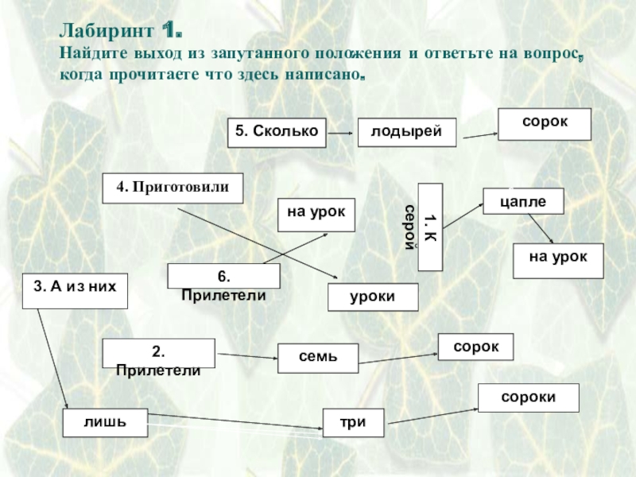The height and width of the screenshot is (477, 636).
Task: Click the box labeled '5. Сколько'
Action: (x=277, y=132)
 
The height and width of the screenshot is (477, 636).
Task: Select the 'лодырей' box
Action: (x=406, y=132)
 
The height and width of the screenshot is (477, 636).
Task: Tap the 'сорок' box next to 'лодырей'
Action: (x=545, y=124)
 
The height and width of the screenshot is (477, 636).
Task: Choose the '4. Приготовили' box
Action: (x=173, y=187)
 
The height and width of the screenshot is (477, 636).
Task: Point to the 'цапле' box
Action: (x=523, y=201)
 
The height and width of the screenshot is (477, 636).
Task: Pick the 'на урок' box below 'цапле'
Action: (x=557, y=261)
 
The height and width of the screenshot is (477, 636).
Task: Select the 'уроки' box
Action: (x=373, y=297)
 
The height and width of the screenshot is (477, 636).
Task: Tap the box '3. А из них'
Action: (x=75, y=289)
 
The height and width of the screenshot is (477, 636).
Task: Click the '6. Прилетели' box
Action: (x=223, y=277)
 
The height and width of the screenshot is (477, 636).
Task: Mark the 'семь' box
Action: (x=317, y=358)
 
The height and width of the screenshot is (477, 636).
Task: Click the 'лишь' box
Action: (x=106, y=422)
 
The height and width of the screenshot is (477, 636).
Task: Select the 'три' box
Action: (x=353, y=422)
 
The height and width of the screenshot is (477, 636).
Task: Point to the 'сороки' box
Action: (x=528, y=397)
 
